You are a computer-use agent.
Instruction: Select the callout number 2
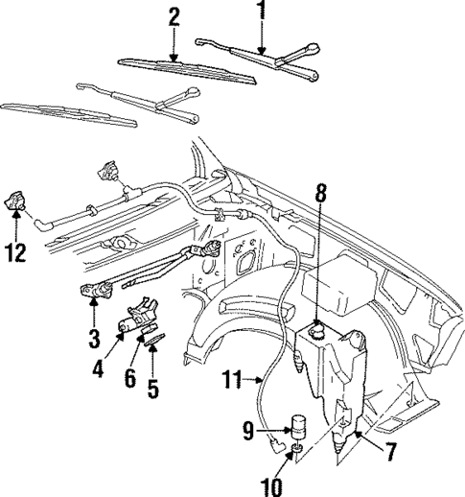click(x=174, y=17)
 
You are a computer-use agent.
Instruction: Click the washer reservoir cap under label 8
click(x=318, y=333)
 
